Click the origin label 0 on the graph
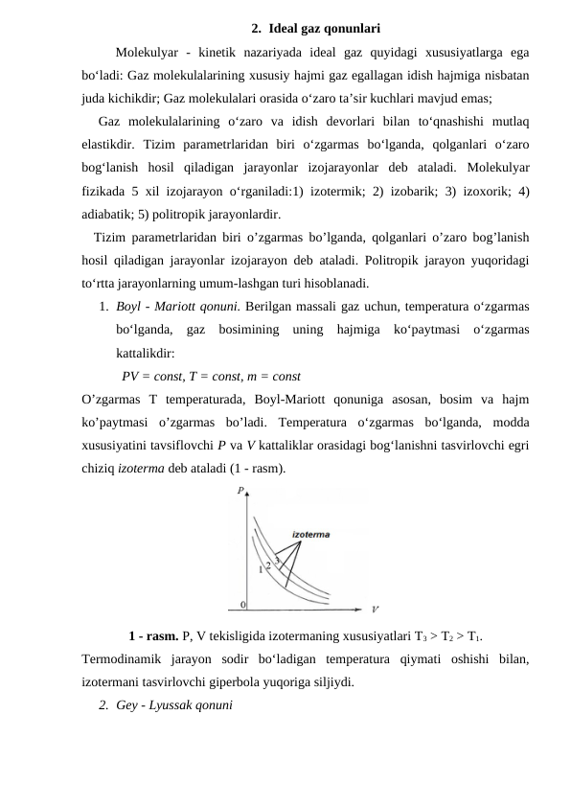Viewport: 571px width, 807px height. [x=242, y=604]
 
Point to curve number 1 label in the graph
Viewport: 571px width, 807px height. [x=260, y=570]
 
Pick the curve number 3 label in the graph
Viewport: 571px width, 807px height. [x=277, y=559]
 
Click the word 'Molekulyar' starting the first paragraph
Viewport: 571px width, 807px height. [x=146, y=52]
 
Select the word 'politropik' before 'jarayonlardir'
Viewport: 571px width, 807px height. [x=192, y=214]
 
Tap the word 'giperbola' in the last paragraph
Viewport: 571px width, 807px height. [x=275, y=683]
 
